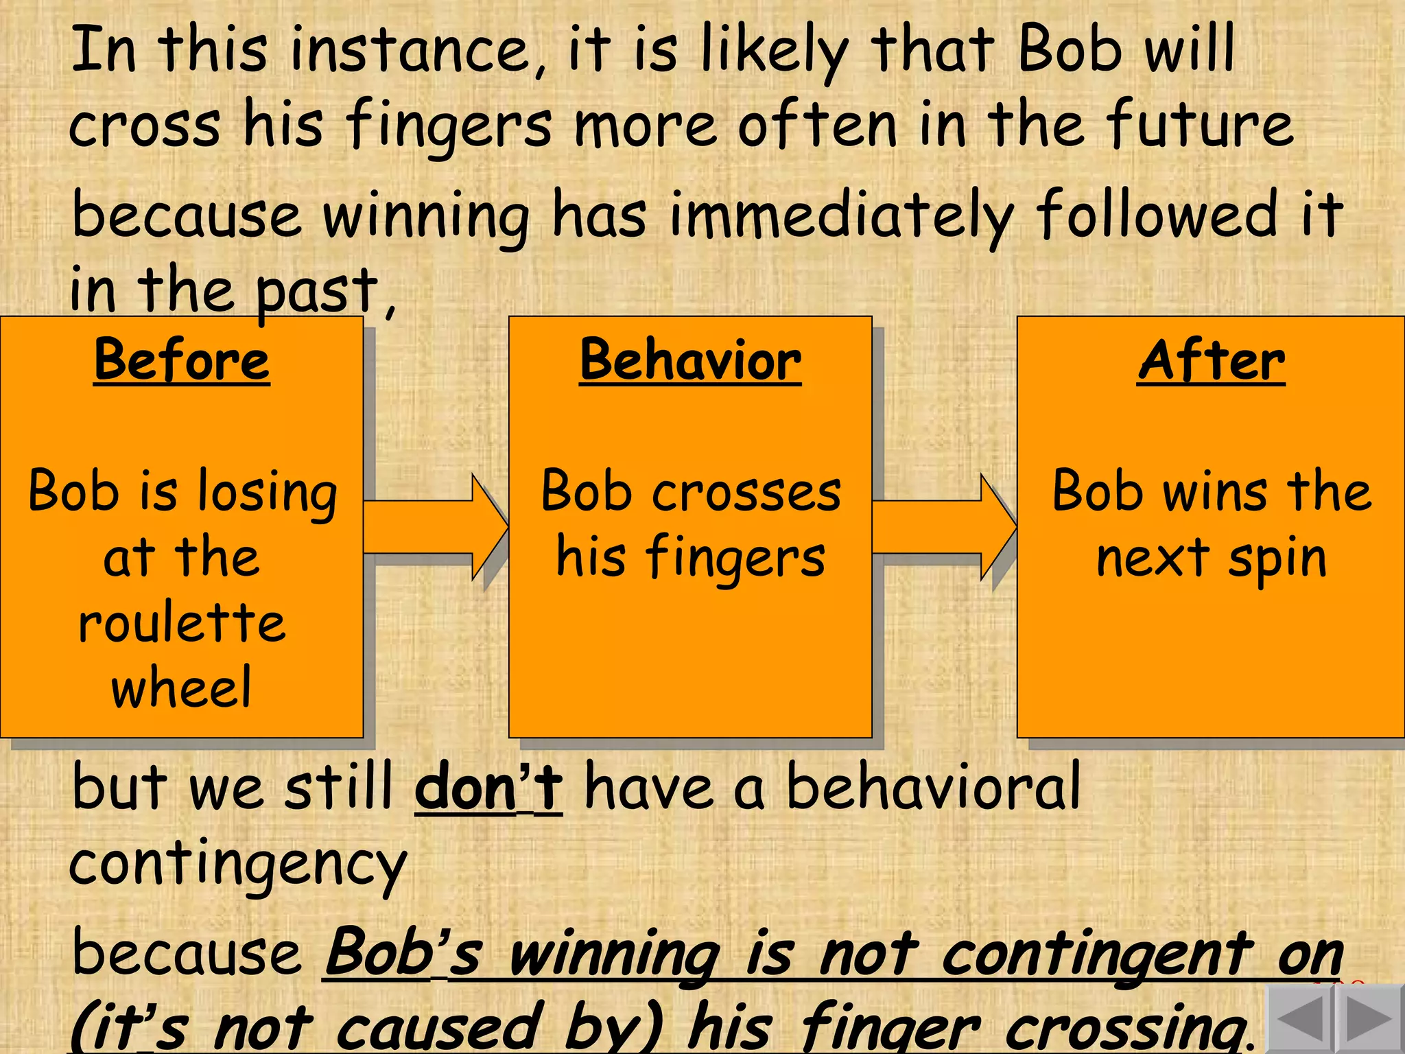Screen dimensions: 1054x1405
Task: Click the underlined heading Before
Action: tap(182, 361)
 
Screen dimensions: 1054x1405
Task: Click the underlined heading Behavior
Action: tap(690, 361)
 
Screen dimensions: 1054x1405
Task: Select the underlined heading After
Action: tap(1211, 361)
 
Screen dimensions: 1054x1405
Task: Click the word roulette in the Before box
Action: tap(182, 623)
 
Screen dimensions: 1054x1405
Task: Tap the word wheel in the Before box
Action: tap(182, 688)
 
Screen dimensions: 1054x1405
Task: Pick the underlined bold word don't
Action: tap(488, 788)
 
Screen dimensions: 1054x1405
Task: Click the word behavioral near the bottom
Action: tap(933, 788)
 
